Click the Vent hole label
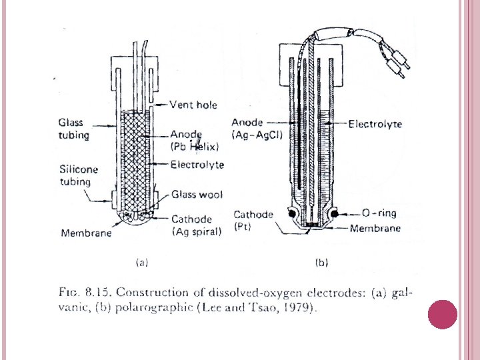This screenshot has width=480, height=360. [x=193, y=105]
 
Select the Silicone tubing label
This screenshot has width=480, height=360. [x=78, y=175]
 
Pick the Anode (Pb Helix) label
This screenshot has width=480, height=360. [x=195, y=140]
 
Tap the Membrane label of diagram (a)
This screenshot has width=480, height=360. [x=86, y=233]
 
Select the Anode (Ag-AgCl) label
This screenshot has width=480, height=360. [x=257, y=129]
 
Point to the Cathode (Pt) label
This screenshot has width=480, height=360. [x=253, y=220]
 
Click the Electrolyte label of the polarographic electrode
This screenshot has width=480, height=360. [x=375, y=124]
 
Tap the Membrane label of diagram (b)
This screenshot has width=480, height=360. [x=376, y=229]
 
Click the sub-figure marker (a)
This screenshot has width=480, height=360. [x=141, y=263]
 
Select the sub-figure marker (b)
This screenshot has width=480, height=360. [x=321, y=263]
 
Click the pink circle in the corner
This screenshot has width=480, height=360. [x=441, y=315]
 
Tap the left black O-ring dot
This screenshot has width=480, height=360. [x=292, y=213]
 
